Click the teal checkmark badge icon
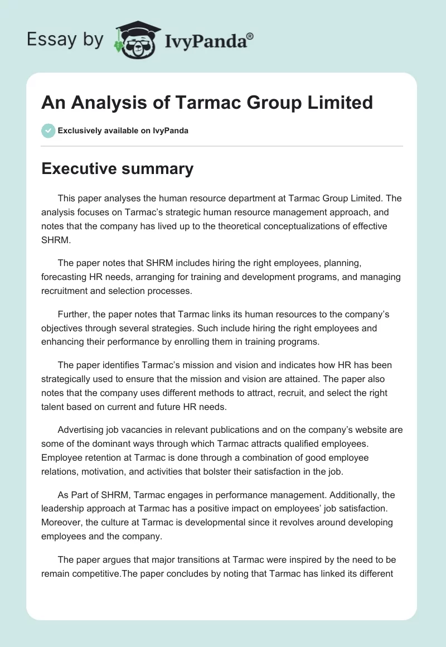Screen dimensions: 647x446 point(49,131)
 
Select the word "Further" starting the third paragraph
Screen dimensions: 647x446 point(74,315)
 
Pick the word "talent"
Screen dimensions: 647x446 point(54,407)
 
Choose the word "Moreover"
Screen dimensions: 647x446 point(63,522)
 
